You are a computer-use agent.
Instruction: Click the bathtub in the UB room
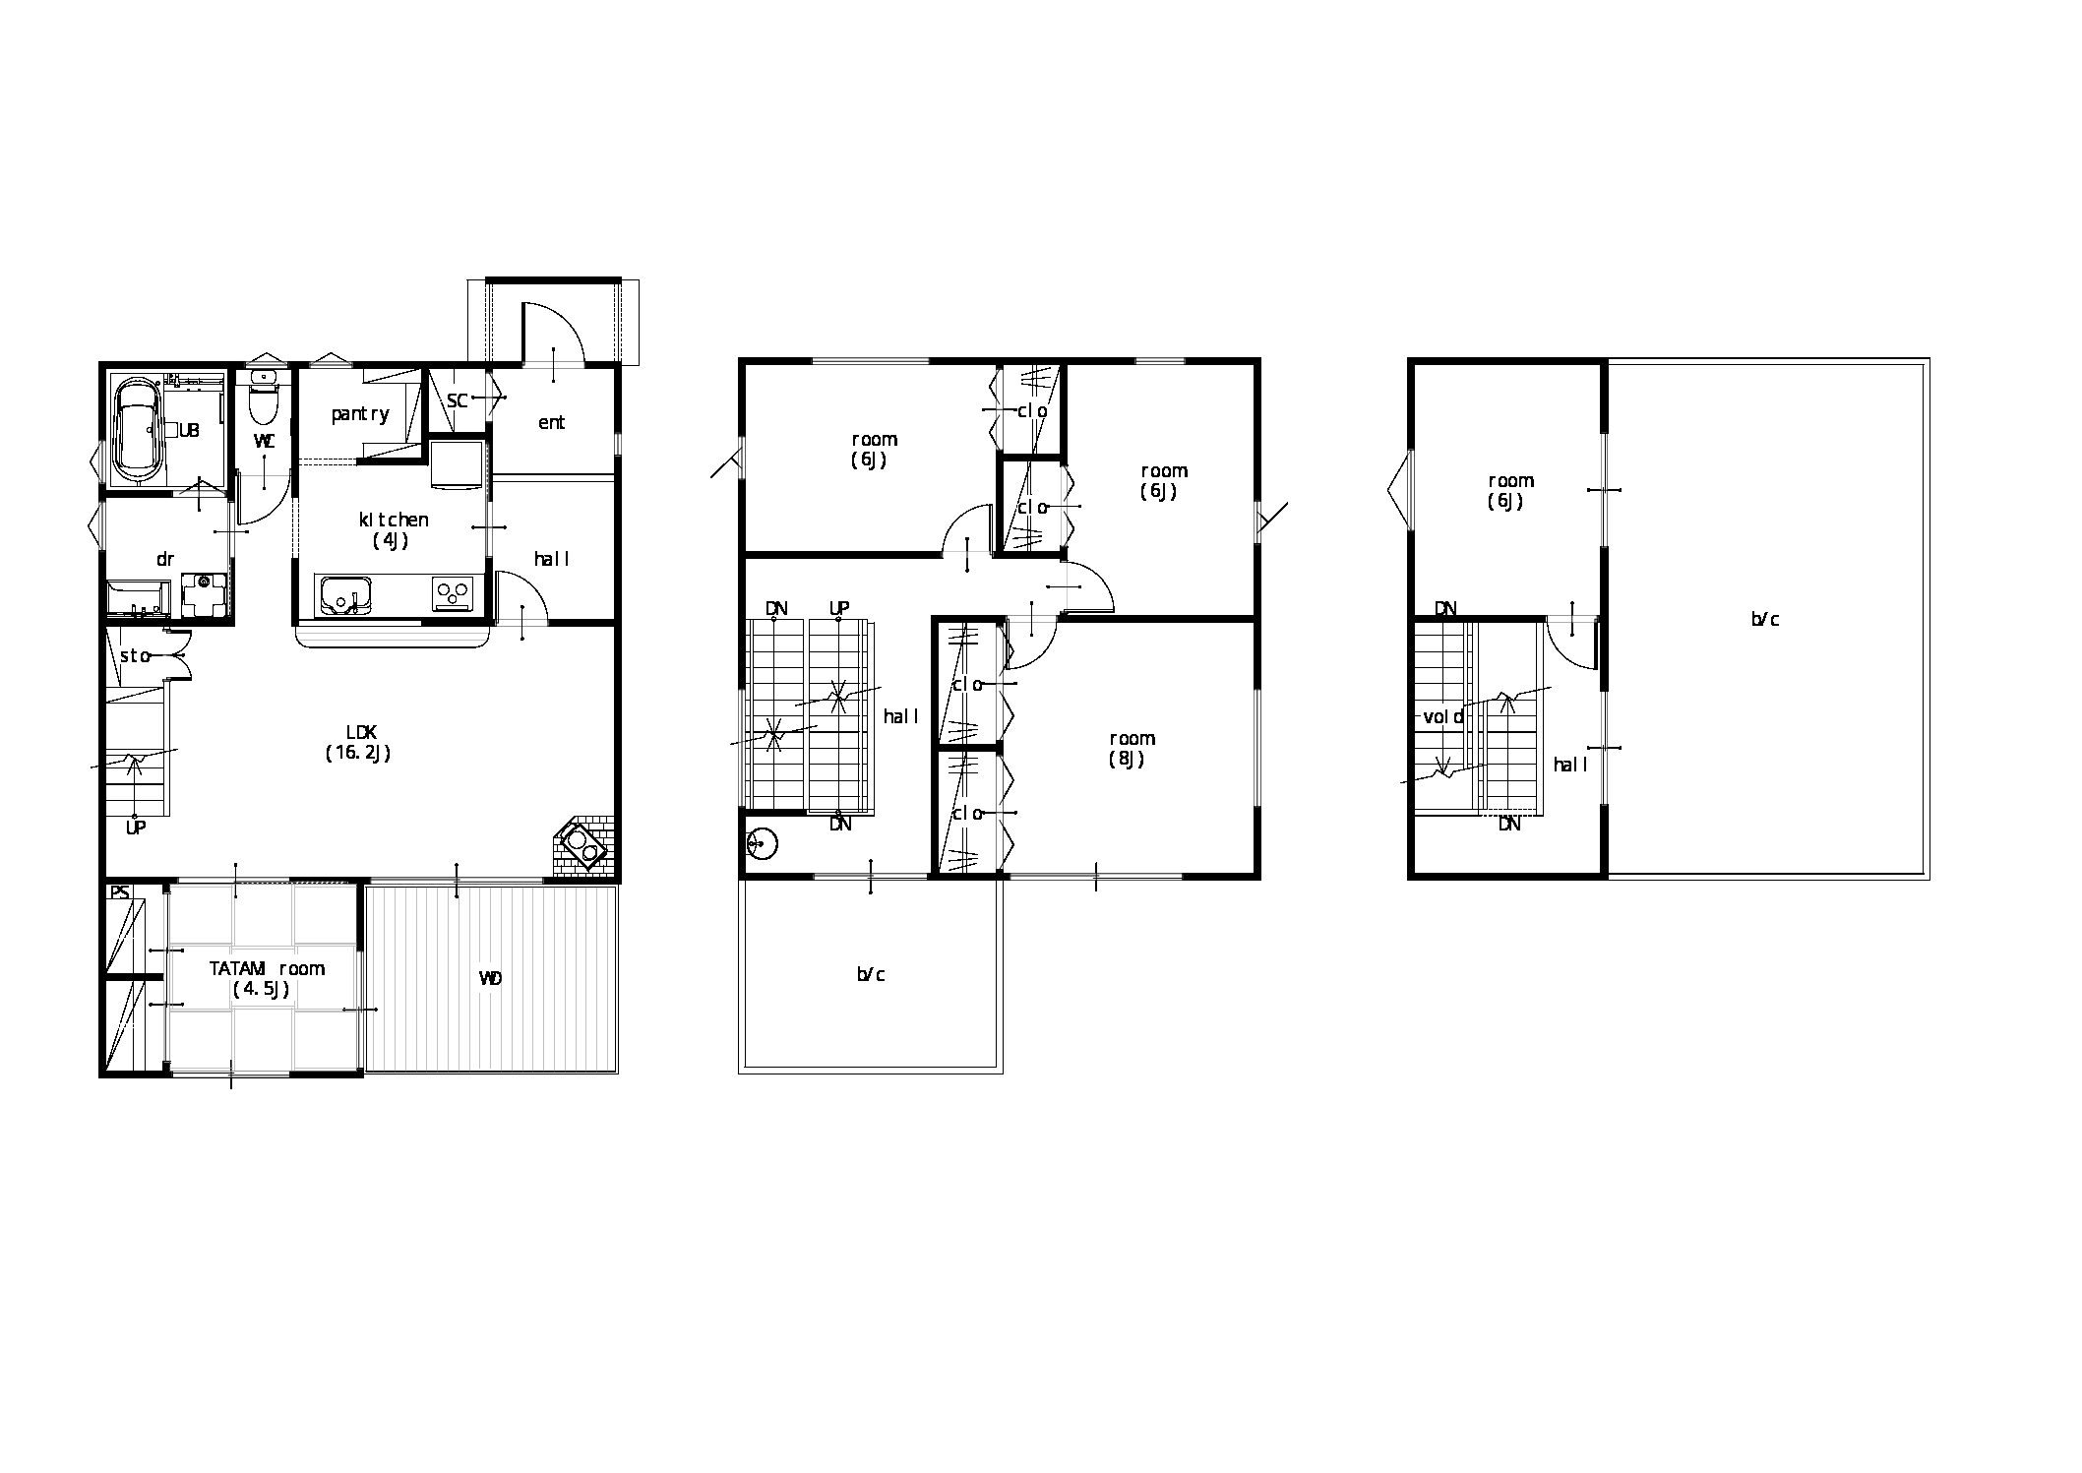[138, 429]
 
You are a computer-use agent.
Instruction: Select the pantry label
[360, 414]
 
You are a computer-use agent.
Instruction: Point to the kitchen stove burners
[453, 594]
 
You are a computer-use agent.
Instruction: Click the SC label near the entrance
[457, 400]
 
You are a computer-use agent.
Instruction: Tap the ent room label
[551, 422]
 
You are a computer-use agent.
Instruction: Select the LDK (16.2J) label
[358, 743]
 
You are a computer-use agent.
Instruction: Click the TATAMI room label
[267, 978]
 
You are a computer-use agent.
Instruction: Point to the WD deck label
[490, 978]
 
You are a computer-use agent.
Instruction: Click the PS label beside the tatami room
[119, 893]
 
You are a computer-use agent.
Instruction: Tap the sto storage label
[135, 655]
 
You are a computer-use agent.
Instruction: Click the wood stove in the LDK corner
[581, 843]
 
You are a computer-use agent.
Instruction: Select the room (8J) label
[1132, 748]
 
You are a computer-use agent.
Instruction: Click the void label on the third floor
[1443, 716]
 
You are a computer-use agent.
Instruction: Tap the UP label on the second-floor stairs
[838, 608]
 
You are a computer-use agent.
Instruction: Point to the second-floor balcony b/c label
[871, 974]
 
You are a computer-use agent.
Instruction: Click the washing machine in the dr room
[205, 594]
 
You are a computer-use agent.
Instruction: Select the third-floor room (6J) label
[1510, 490]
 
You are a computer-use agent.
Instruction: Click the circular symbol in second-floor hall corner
[762, 843]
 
